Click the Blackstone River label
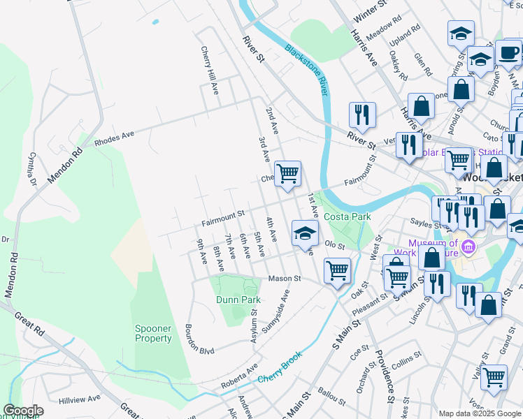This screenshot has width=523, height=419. point(306,71)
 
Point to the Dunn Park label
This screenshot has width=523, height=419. point(238,300)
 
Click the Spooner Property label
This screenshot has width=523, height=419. point(153,333)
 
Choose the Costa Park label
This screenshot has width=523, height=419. point(347,216)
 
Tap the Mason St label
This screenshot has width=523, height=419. point(285,278)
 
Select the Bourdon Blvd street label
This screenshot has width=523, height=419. point(199,339)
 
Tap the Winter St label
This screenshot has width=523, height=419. point(371,12)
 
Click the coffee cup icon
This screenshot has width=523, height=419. point(508,52)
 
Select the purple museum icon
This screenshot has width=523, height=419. point(468,247)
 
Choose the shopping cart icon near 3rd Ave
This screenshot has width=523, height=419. point(287,172)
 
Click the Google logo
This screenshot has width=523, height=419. point(23,411)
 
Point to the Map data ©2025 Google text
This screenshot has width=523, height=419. point(479,413)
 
